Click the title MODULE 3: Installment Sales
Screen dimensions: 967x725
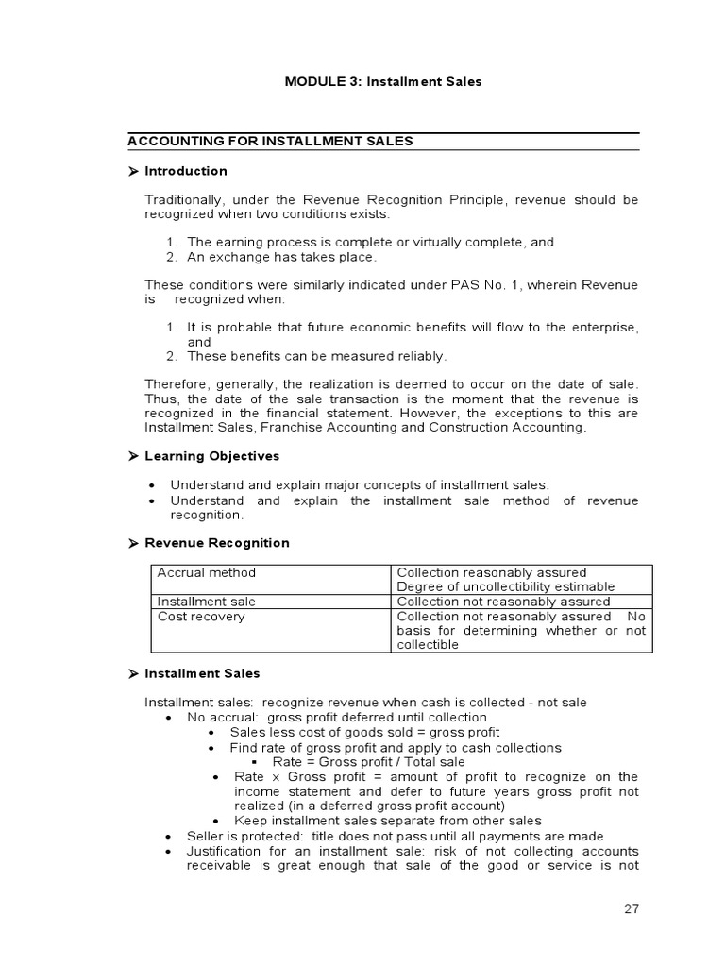[383, 81]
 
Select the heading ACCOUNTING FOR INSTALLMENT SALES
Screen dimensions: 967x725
[270, 142]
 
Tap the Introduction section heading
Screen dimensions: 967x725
[186, 171]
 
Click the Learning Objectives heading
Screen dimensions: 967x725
[211, 456]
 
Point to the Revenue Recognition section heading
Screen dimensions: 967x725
[217, 543]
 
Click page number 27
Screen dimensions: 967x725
[631, 909]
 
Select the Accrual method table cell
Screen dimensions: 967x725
[206, 572]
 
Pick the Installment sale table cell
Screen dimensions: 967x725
[206, 602]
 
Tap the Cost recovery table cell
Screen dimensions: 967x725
[200, 617]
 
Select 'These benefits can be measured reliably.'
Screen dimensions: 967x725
[316, 356]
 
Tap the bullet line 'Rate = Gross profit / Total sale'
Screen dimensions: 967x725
[368, 762]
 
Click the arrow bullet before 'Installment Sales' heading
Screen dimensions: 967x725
[133, 674]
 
